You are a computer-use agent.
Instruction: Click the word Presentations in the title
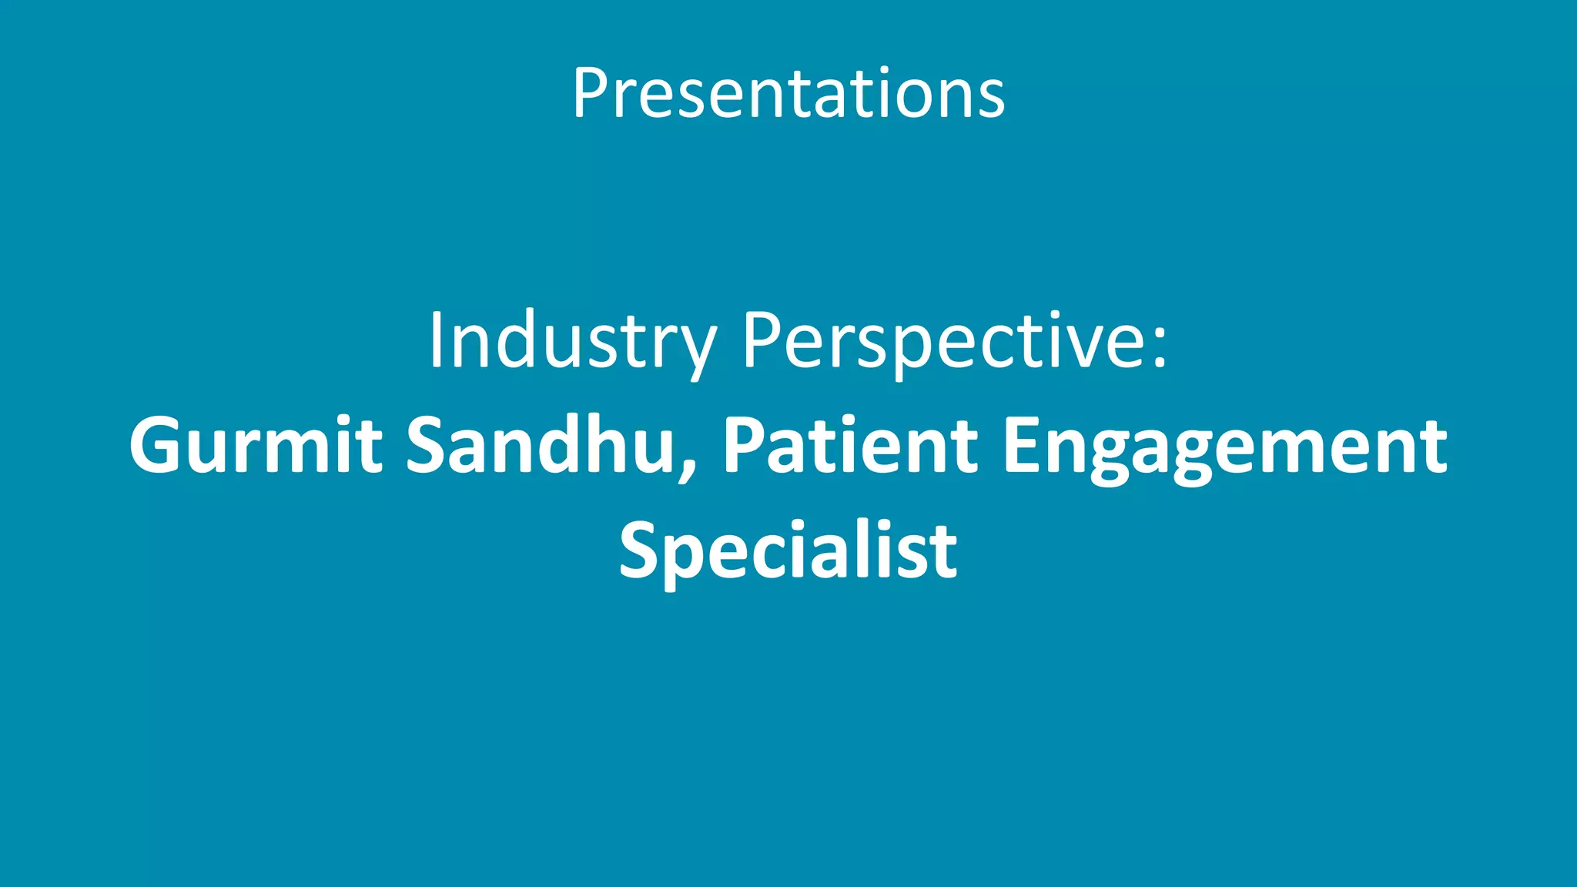tap(788, 94)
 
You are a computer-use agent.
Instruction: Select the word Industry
tap(571, 340)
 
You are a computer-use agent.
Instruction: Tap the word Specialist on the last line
tap(788, 550)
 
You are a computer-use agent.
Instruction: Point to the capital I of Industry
tap(436, 340)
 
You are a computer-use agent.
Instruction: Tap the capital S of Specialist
tap(643, 550)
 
